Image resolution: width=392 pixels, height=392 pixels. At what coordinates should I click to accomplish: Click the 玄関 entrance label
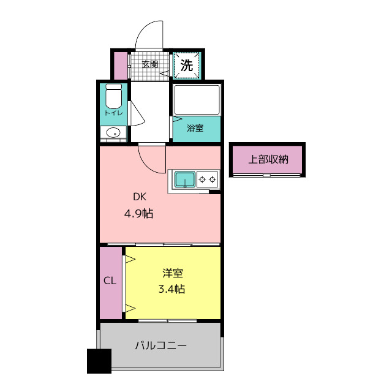150,64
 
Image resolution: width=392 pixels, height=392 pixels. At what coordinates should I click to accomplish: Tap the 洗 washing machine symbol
187,66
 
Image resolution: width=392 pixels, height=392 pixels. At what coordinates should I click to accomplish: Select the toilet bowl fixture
114,97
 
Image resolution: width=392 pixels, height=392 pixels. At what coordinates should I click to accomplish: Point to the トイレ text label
114,113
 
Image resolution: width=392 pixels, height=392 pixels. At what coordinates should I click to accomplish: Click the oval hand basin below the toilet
113,132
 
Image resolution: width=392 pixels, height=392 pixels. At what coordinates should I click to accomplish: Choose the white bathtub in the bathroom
197,100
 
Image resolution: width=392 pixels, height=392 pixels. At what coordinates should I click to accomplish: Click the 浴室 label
195,128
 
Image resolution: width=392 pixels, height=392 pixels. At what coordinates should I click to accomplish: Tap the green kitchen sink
185,179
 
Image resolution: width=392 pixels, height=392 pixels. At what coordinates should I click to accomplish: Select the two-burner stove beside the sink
207,179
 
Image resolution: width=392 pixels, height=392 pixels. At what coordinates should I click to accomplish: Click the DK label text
140,197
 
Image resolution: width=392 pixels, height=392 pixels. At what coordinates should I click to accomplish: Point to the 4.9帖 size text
139,214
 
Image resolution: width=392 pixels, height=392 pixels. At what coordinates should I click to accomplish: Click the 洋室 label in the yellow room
173,273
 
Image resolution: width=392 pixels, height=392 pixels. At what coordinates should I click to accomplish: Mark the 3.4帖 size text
171,289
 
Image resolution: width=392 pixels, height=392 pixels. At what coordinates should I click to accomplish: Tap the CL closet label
110,281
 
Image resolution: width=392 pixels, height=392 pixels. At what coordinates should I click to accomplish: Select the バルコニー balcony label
160,345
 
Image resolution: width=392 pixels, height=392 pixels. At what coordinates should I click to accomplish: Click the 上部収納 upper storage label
268,159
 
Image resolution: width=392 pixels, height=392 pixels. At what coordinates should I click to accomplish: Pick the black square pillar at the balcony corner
99,361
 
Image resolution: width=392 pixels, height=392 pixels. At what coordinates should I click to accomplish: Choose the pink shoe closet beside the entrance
121,66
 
